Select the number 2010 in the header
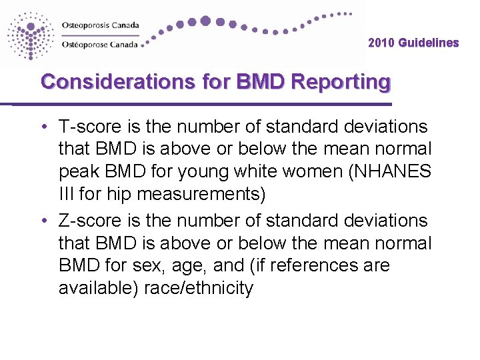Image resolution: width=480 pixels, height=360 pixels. coord(381,43)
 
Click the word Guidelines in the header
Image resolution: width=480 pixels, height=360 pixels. coord(429,43)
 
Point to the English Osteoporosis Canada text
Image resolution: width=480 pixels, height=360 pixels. coord(100,25)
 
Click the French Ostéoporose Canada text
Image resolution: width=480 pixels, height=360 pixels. coord(100,45)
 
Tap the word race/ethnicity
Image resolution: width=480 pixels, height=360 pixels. coord(199,289)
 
